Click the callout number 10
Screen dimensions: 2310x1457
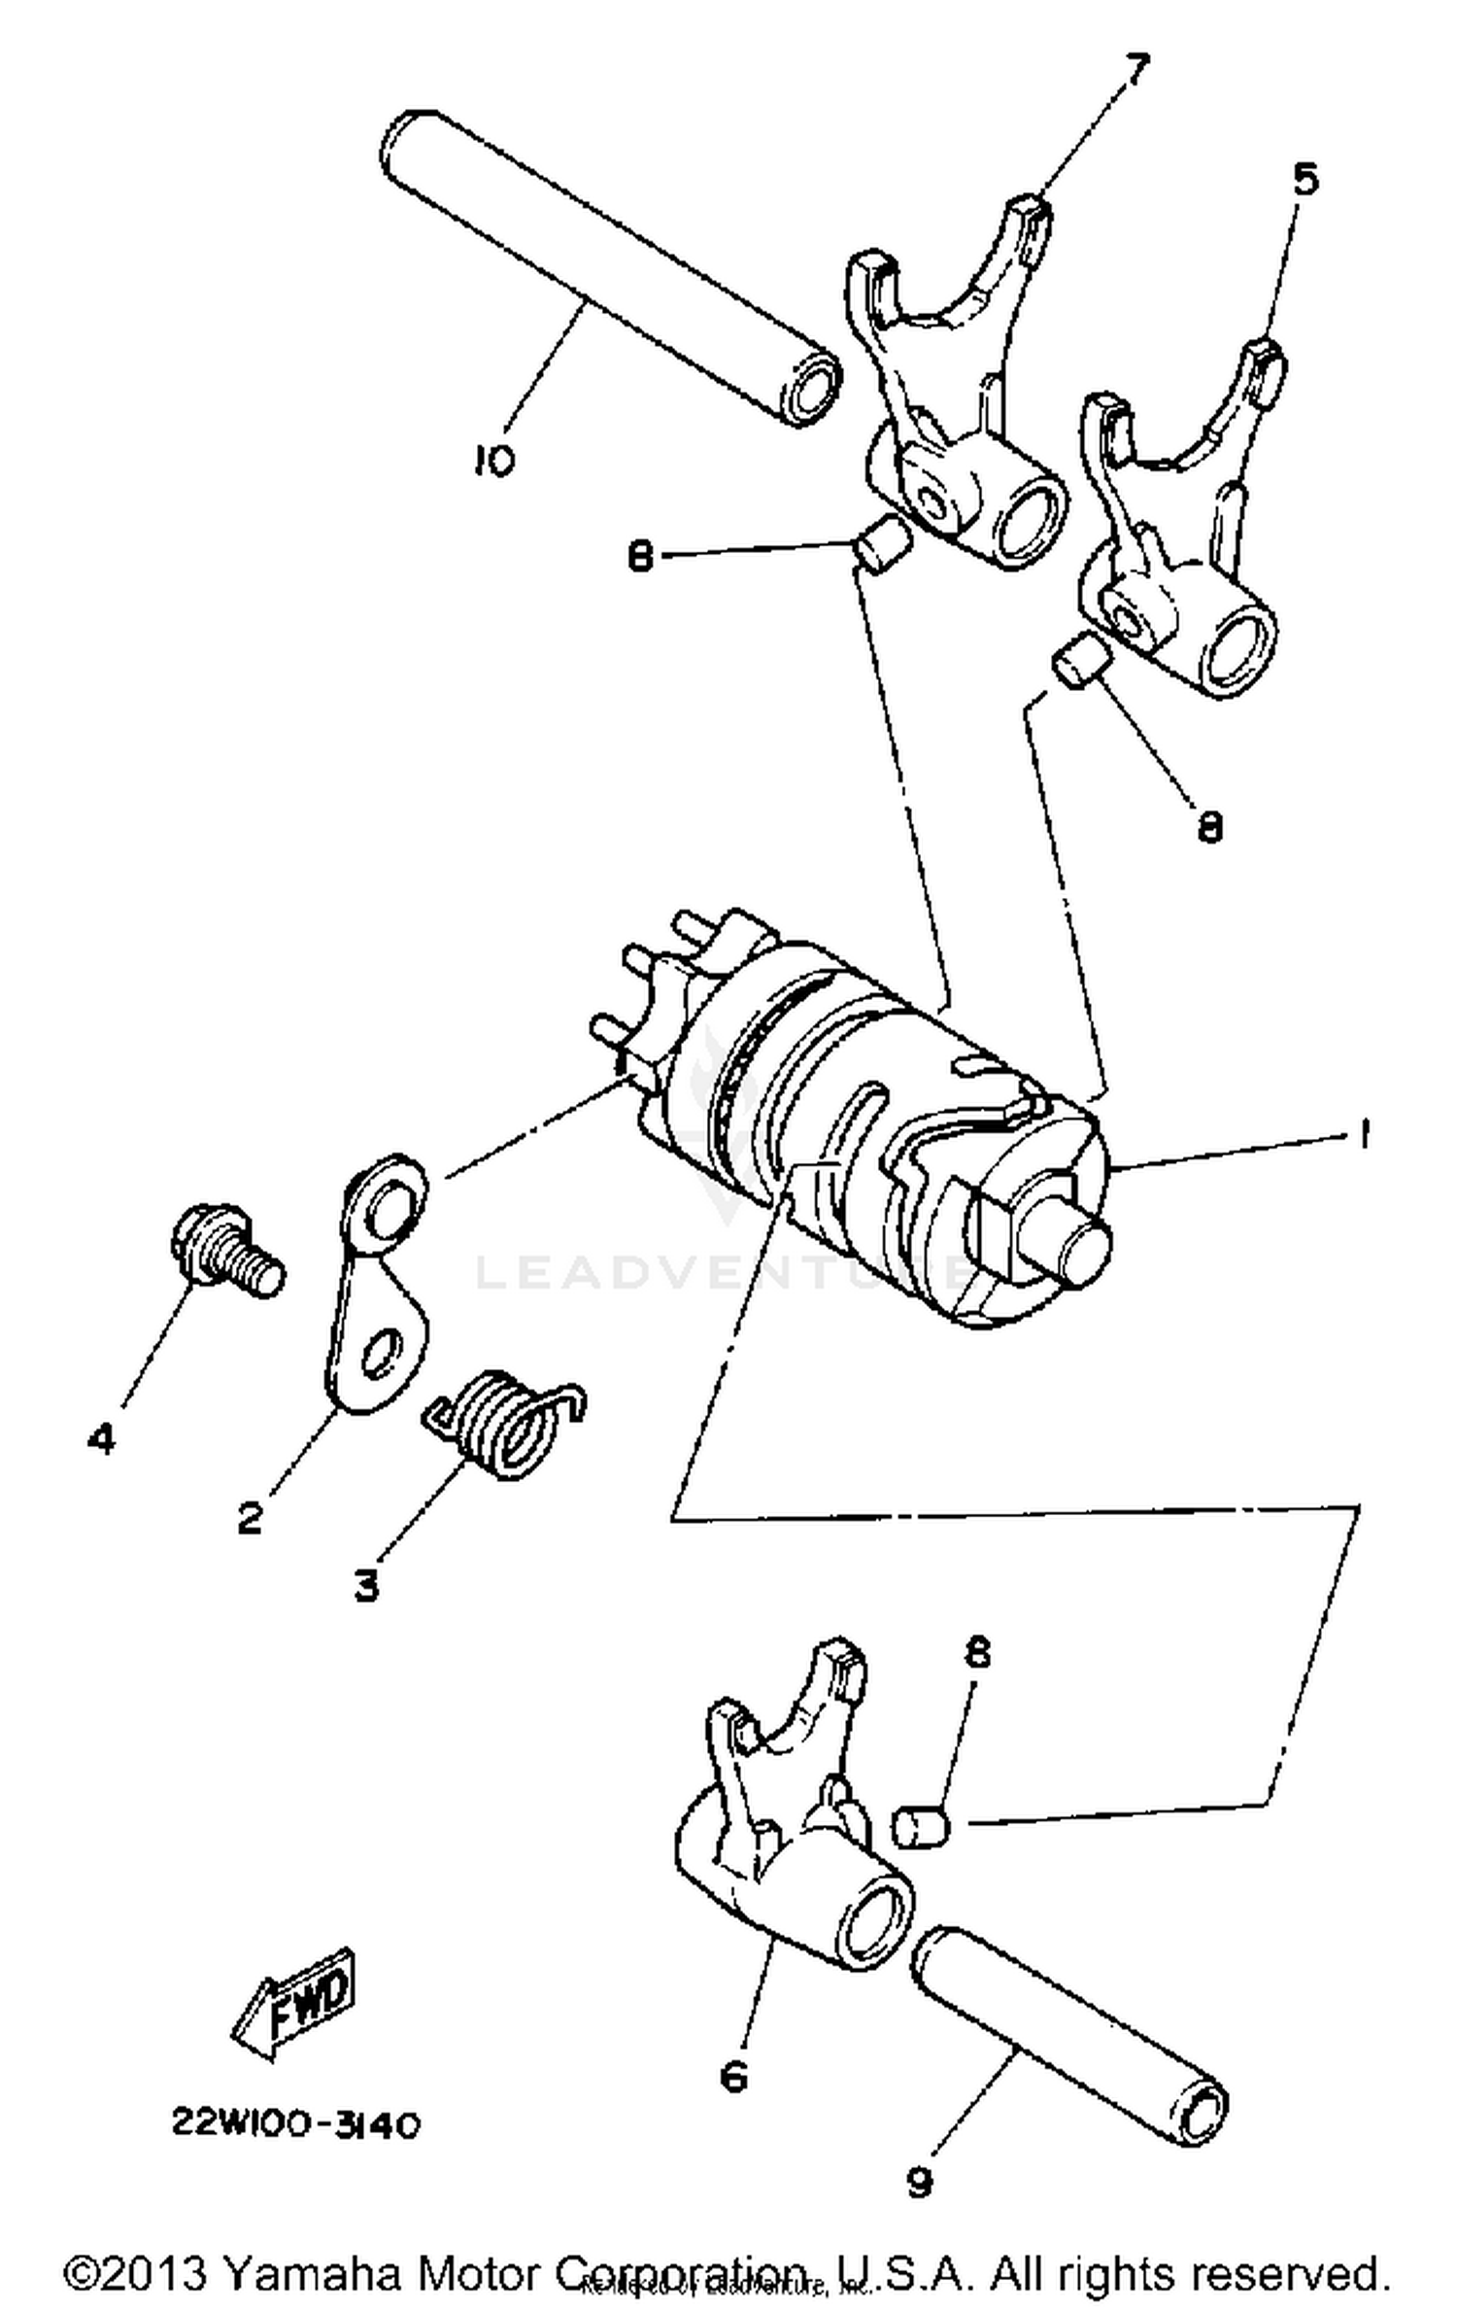tap(494, 460)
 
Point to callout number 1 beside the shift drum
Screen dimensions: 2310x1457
tap(1364, 1133)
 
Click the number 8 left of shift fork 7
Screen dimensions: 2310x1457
tap(639, 558)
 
